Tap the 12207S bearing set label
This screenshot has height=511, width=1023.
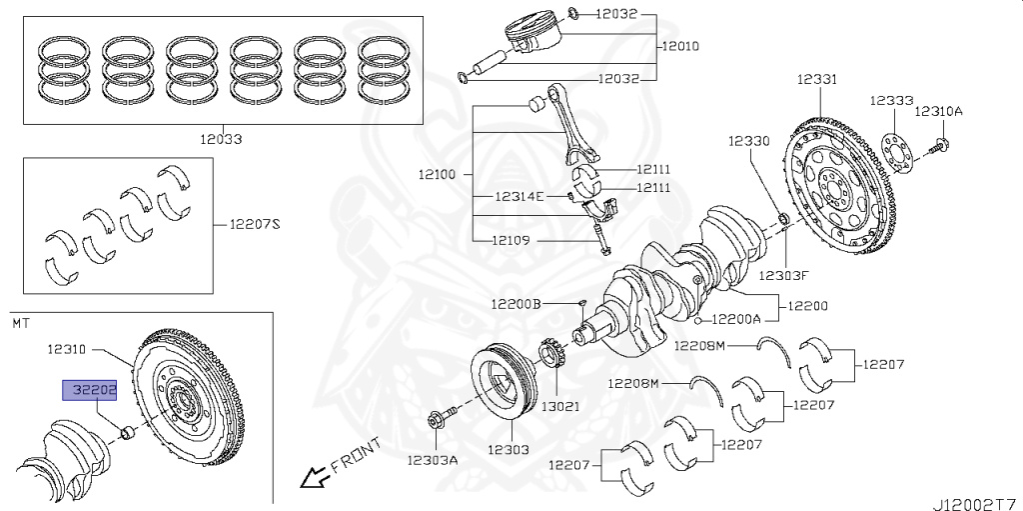(x=255, y=224)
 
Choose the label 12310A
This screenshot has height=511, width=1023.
(x=939, y=111)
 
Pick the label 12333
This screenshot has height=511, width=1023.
(x=890, y=101)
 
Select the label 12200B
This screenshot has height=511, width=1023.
(x=515, y=303)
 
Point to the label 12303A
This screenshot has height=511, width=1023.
(x=432, y=460)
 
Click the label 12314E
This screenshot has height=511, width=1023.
(x=519, y=196)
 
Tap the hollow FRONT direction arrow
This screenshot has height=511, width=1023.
(x=315, y=478)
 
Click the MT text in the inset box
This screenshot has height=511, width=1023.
(x=21, y=323)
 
